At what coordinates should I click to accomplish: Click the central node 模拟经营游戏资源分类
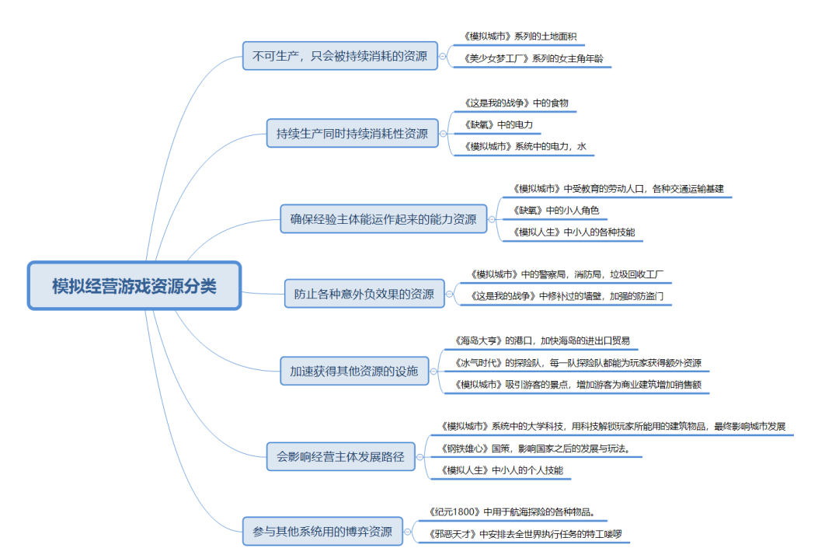click(134, 286)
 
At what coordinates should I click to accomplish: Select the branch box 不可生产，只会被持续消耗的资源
click(339, 56)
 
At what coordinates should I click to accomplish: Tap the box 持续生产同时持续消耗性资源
click(352, 134)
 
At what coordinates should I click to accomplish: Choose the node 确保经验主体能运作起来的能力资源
click(383, 219)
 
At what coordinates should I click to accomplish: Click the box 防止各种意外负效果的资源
click(364, 295)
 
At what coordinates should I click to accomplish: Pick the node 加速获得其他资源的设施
click(353, 371)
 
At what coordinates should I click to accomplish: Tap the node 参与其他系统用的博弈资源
click(322, 532)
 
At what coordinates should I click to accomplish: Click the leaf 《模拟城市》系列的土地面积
click(519, 37)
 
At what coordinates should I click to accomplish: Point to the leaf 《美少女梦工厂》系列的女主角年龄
click(531, 58)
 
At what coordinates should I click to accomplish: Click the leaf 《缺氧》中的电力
click(498, 124)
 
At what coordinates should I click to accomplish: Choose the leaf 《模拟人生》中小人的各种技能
click(573, 232)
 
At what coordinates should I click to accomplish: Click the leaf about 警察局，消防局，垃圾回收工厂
click(566, 274)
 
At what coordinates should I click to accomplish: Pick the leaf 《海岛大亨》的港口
click(541, 340)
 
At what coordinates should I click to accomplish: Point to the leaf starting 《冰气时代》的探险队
click(577, 362)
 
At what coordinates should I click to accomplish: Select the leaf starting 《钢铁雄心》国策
click(534, 449)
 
